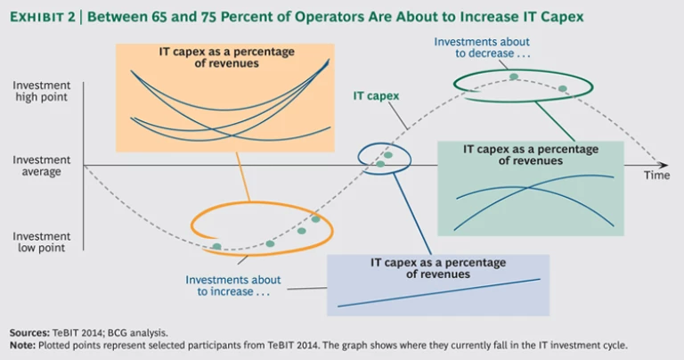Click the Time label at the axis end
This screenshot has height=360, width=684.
click(x=656, y=176)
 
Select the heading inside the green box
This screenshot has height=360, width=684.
click(x=531, y=155)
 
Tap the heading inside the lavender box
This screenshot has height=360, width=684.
click(x=437, y=268)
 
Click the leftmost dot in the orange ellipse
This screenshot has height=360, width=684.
click(x=216, y=247)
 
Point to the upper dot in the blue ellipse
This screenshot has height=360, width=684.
click(x=388, y=155)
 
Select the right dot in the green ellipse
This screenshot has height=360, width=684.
click(x=563, y=88)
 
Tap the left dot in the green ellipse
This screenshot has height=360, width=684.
click(x=514, y=78)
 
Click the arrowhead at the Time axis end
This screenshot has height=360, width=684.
click(x=664, y=165)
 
